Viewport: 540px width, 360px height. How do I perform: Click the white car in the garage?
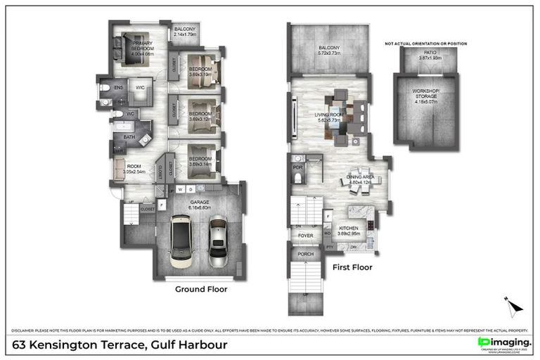click(183, 241)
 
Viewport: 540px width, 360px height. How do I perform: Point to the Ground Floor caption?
click(200, 289)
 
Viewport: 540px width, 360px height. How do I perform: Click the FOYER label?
click(304, 236)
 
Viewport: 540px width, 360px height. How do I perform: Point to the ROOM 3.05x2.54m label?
click(133, 169)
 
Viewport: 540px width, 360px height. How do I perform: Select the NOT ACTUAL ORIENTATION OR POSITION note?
click(425, 44)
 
